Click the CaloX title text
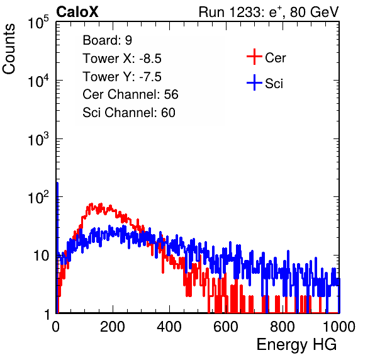(77, 12)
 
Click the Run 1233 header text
(269, 12)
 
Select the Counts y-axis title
(9, 49)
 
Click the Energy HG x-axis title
(296, 345)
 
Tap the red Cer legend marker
(254, 57)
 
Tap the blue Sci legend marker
(254, 83)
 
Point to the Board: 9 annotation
(107, 40)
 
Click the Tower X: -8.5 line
(122, 59)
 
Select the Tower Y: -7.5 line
(122, 77)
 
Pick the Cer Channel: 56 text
(130, 94)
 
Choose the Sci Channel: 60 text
(129, 113)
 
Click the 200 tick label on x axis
(113, 327)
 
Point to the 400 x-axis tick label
(169, 327)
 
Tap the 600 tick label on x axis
(226, 327)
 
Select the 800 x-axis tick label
(283, 327)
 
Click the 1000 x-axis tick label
(339, 327)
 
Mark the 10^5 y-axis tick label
(38, 23)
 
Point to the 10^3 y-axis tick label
(38, 139)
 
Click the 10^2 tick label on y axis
(38, 198)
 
